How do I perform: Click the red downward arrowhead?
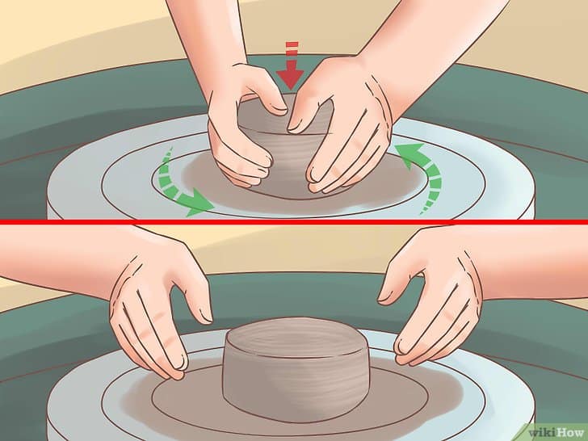coord(290,77)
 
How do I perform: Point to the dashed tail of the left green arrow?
coord(167,173)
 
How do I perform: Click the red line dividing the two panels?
coord(294,222)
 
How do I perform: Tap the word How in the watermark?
coord(569,432)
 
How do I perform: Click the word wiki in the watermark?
coord(541,432)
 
